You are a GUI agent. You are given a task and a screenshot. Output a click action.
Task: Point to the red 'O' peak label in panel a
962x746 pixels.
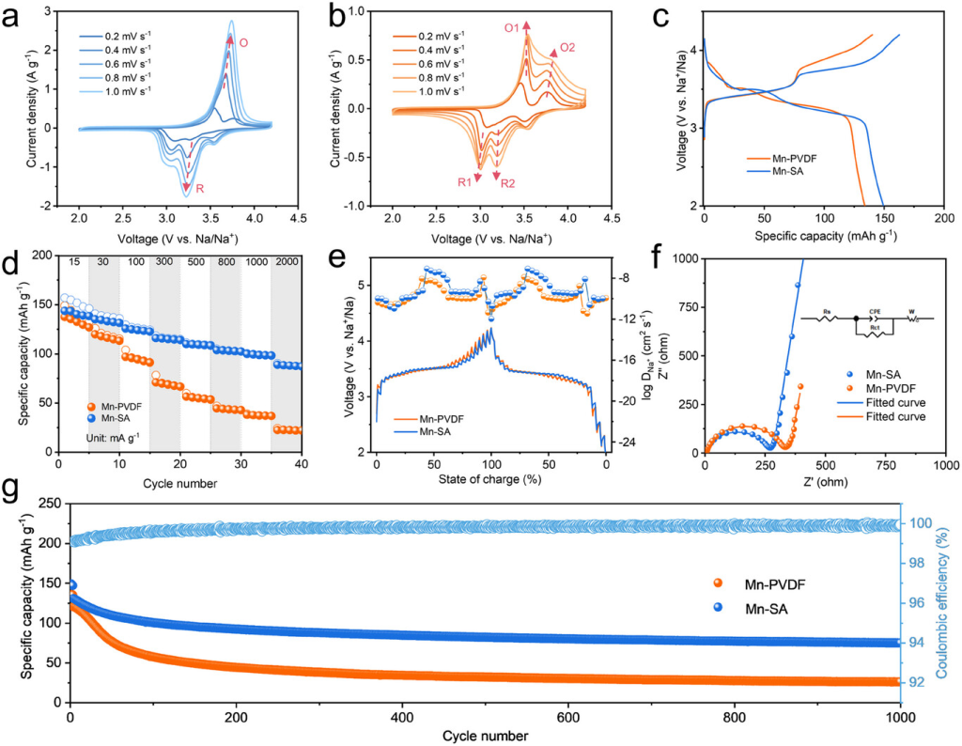tap(243, 42)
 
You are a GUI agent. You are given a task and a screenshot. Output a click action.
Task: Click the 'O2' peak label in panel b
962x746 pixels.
tap(567, 47)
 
